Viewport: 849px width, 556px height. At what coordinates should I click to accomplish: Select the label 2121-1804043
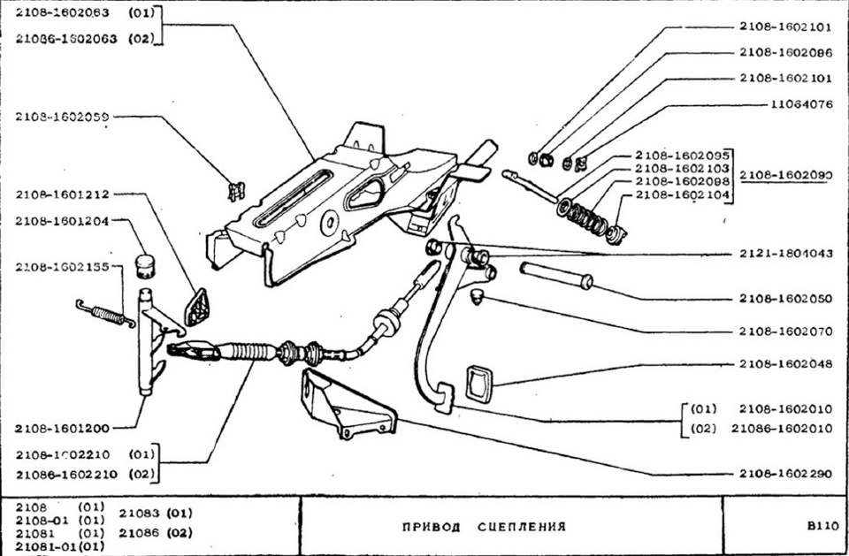tap(786, 253)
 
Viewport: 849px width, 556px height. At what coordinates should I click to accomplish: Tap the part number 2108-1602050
tap(786, 299)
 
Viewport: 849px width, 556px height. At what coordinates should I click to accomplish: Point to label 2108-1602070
tap(786, 332)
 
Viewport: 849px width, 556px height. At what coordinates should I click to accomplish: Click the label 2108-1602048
tap(786, 364)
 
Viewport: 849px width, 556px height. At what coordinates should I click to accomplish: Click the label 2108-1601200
tap(62, 429)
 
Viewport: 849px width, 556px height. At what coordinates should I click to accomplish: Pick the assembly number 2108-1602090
tap(786, 175)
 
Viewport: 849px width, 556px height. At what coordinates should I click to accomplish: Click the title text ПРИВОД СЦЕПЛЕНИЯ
tap(484, 527)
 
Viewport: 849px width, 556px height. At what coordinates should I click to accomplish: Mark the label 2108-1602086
tap(786, 52)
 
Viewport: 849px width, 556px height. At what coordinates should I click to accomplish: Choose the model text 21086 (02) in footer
tap(155, 533)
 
